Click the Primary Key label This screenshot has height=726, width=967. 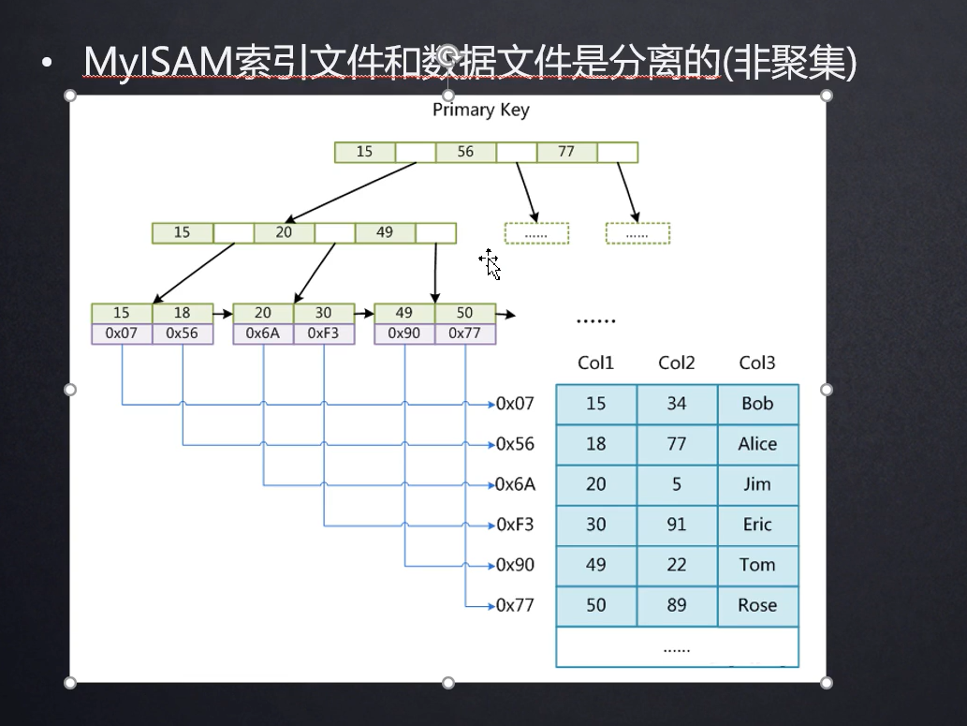pyautogui.click(x=480, y=111)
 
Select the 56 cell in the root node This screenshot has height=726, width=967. pyautogui.click(x=465, y=152)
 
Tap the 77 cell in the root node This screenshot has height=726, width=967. pyautogui.click(x=566, y=152)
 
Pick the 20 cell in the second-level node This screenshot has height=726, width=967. pyautogui.click(x=284, y=232)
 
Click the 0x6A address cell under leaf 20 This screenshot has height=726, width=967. pyautogui.click(x=263, y=333)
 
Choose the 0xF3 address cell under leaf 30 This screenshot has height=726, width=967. pyautogui.click(x=324, y=333)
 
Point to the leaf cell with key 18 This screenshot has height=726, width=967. pyautogui.click(x=182, y=313)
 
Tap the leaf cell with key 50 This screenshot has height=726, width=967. pyautogui.click(x=465, y=313)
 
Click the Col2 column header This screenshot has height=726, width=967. pyautogui.click(x=677, y=363)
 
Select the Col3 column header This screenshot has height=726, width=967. pyautogui.click(x=757, y=363)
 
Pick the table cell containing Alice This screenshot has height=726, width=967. pyautogui.click(x=757, y=444)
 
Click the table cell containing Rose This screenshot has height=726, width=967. pyautogui.click(x=757, y=605)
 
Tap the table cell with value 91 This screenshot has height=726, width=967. pyautogui.click(x=677, y=525)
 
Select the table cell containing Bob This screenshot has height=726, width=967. pyautogui.click(x=757, y=404)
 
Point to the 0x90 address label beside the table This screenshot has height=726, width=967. pyautogui.click(x=515, y=565)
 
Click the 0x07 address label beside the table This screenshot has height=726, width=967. pyautogui.click(x=515, y=404)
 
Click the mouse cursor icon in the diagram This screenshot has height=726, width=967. pyautogui.click(x=491, y=264)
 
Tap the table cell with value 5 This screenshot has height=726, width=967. pyautogui.click(x=677, y=484)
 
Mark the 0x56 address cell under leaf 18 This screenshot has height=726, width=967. pyautogui.click(x=182, y=333)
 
